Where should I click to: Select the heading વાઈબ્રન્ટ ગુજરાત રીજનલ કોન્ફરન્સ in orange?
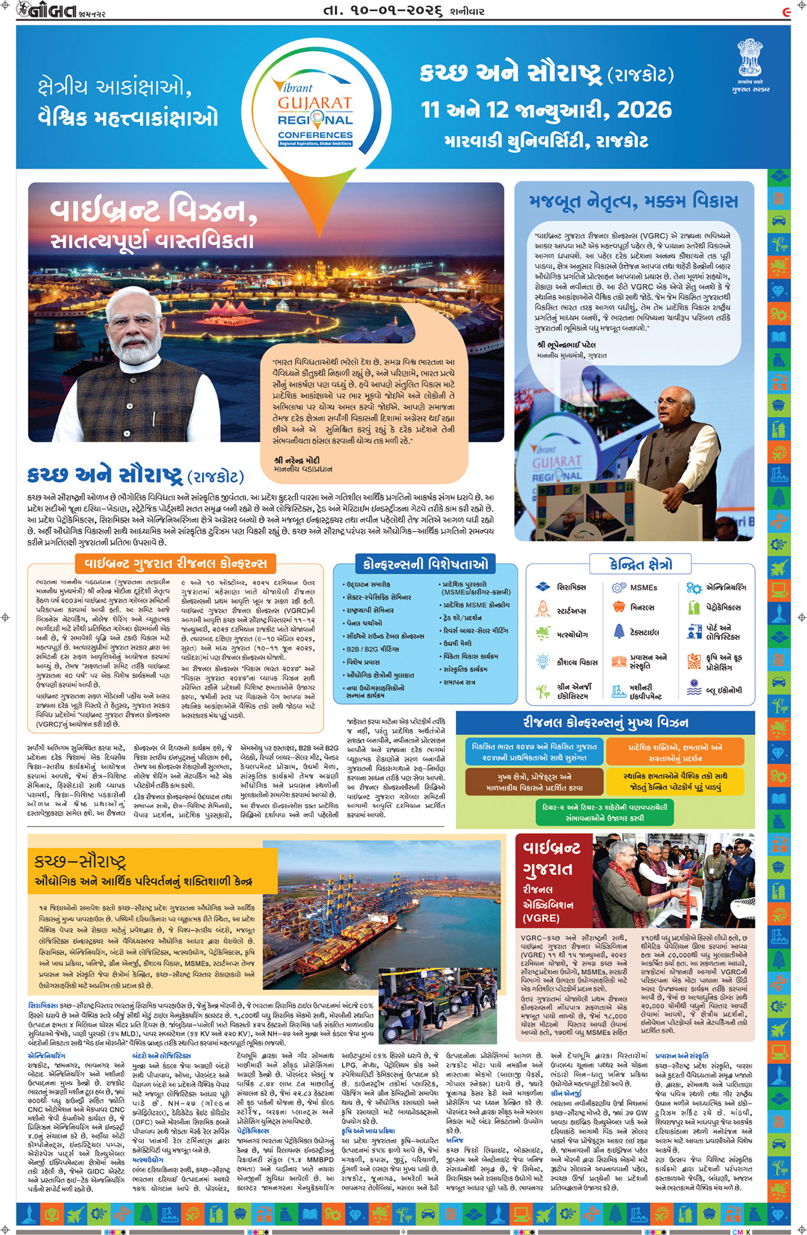176,563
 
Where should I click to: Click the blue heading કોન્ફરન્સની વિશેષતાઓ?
425,565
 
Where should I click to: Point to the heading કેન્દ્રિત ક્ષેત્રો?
640,565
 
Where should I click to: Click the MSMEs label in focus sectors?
643,588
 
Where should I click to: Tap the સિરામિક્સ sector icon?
542,587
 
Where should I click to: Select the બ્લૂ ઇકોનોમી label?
724,690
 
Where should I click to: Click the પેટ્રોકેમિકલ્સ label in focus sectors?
723,607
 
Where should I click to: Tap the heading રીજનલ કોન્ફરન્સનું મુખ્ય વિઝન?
605,723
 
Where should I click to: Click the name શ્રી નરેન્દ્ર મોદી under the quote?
296,461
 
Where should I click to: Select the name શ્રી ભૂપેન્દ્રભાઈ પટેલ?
566,345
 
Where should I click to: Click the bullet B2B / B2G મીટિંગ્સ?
373,649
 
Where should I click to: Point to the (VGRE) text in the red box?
540,918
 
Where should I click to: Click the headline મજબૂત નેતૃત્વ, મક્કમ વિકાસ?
633,201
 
